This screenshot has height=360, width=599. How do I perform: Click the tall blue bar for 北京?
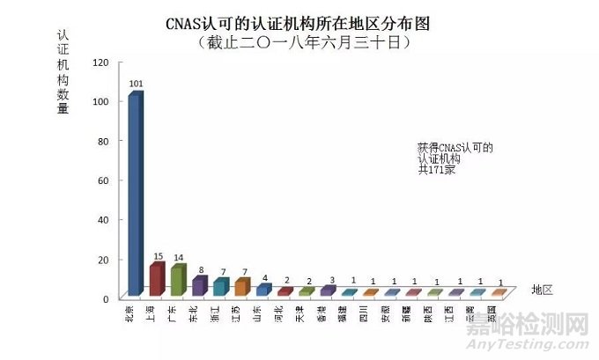pyautogui.click(x=135, y=193)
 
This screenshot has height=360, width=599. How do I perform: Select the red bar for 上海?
pyautogui.click(x=156, y=279)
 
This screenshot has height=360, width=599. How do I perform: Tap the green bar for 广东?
pyautogui.click(x=178, y=280)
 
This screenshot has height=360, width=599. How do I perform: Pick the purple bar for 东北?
pyautogui.click(x=199, y=286)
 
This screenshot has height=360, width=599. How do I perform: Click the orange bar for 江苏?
pyautogui.click(x=241, y=287)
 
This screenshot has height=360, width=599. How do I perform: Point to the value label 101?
pyautogui.click(x=136, y=84)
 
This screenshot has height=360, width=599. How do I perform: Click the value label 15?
pyautogui.click(x=159, y=256)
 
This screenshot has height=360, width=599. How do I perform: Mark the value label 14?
pyautogui.click(x=180, y=258)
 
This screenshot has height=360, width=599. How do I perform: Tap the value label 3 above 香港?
pyautogui.click(x=329, y=279)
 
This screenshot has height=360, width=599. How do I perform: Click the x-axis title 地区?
pyautogui.click(x=543, y=290)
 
